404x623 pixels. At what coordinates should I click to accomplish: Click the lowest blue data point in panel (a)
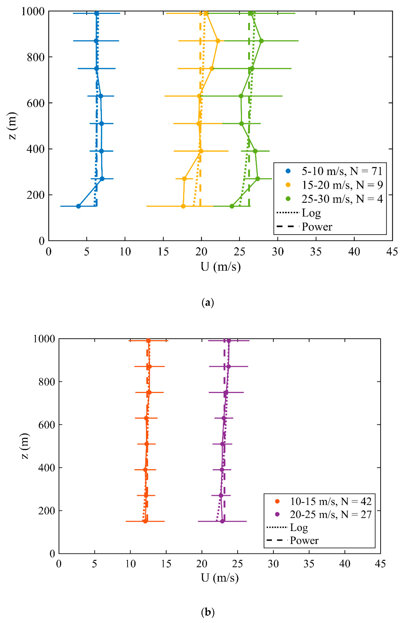pyautogui.click(x=78, y=206)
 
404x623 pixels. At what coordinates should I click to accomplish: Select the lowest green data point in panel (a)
pyautogui.click(x=232, y=206)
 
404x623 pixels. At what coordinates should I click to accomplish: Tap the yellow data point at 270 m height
pyautogui.click(x=184, y=179)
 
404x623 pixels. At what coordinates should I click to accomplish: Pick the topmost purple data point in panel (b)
pyautogui.click(x=229, y=341)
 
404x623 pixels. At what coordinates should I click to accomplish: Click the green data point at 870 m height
pyautogui.click(x=261, y=41)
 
